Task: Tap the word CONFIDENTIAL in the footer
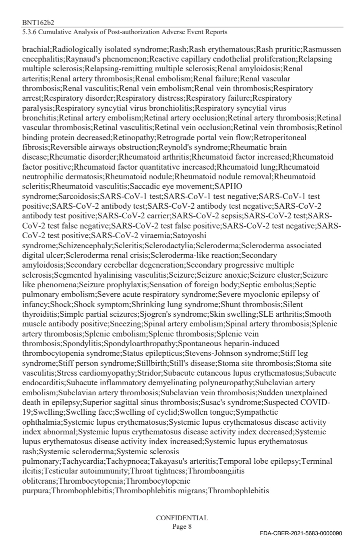point(182,518)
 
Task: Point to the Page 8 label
point(182,526)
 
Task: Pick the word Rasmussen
point(322,50)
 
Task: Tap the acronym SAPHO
point(229,186)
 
